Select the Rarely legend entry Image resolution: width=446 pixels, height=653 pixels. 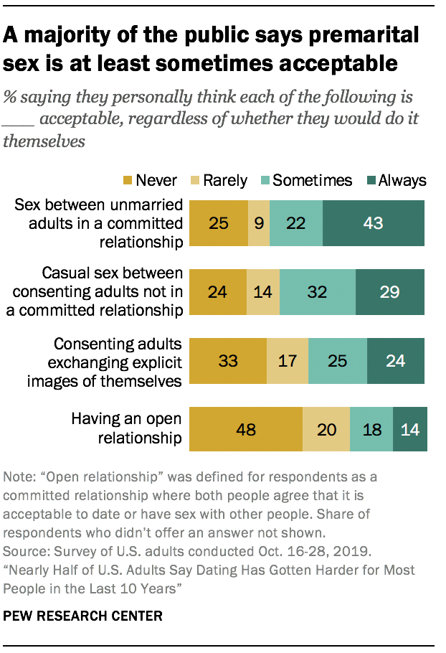coord(219,180)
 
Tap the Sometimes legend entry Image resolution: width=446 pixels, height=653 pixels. coord(304,180)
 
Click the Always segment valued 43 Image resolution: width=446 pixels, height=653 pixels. coord(373,223)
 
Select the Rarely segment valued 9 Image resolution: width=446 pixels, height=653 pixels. coord(259,223)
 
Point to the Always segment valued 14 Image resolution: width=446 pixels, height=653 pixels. coord(409,430)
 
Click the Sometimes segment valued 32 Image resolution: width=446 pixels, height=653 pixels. coord(318,292)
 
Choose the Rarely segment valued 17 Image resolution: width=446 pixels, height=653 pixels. coord(287,361)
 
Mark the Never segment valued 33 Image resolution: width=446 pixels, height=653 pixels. coord(227,361)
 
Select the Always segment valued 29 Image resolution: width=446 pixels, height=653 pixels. coord(389,292)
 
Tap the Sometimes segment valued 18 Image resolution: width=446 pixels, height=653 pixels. coord(371,430)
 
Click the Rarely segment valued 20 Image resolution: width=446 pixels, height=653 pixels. coord(326,430)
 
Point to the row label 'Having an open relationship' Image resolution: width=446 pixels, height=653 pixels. coord(126,428)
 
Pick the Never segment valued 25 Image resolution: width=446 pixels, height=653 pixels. coord(218,223)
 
